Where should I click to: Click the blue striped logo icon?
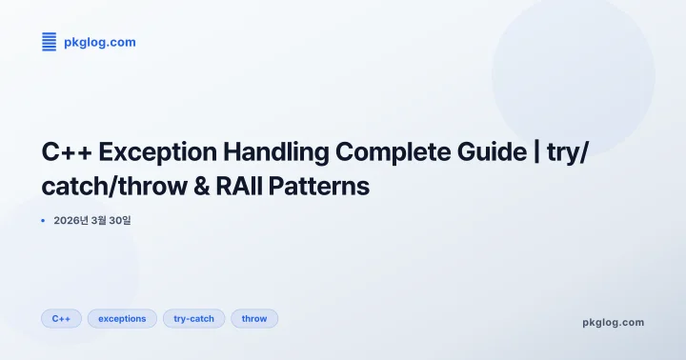click(x=50, y=41)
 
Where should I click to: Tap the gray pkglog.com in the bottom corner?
click(x=613, y=322)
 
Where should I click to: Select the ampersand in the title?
click(x=205, y=186)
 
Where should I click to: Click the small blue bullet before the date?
click(x=43, y=220)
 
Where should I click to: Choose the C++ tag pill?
click(x=62, y=318)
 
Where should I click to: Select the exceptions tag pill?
click(x=122, y=318)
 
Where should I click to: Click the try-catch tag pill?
click(x=193, y=318)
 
